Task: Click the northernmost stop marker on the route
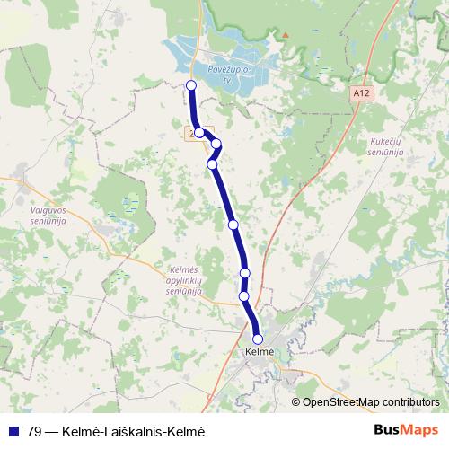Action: [190, 85]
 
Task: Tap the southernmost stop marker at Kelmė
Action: [259, 339]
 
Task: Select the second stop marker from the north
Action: [198, 133]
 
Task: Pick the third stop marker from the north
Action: [216, 144]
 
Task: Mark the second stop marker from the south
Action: [244, 295]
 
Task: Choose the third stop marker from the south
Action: [245, 273]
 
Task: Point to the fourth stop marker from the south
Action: [233, 224]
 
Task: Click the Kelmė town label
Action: [259, 353]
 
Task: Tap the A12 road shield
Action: [362, 92]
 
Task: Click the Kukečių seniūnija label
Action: [386, 146]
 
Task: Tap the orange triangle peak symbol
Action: [286, 35]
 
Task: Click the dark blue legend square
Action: [14, 430]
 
